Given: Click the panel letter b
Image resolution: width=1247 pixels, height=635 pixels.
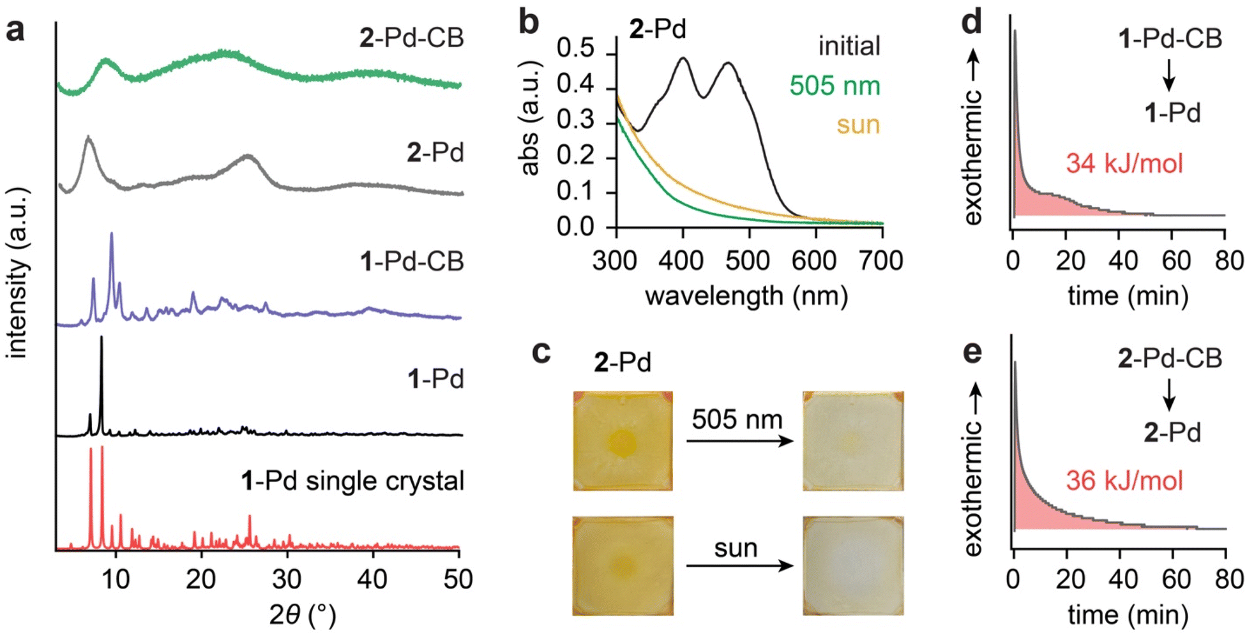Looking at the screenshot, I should (x=529, y=22).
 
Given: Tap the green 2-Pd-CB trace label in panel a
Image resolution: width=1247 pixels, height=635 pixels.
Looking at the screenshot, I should (x=411, y=38).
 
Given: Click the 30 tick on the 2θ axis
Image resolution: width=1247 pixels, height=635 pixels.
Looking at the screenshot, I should (x=287, y=579).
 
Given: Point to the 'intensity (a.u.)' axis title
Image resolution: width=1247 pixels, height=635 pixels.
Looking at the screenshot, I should (x=18, y=273).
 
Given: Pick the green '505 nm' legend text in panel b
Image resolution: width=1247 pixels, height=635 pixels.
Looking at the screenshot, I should (x=835, y=86).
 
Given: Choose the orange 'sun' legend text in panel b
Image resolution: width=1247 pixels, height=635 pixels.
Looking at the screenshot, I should (x=858, y=124).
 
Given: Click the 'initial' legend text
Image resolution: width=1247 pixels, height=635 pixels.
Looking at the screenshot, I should (x=849, y=47).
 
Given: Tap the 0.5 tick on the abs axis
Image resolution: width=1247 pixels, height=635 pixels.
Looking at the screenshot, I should (x=575, y=49).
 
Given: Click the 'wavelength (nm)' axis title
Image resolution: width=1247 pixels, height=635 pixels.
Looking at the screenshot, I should (x=746, y=296).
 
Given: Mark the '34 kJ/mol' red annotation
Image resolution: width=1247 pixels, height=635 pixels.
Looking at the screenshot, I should (x=1124, y=163).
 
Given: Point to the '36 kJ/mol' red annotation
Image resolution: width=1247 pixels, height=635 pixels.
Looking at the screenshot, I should (x=1124, y=481).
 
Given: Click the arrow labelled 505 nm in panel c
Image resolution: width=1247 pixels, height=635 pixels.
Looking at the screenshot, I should (x=739, y=441).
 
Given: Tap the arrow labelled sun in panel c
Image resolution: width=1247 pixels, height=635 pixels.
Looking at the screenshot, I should (x=739, y=565).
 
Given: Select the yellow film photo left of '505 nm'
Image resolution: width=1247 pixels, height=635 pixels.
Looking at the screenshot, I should (x=623, y=441).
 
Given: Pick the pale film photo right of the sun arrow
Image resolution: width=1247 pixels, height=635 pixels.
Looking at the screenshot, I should (x=853, y=565).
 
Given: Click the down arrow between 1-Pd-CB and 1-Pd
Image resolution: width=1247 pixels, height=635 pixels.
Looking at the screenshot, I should (x=1169, y=76).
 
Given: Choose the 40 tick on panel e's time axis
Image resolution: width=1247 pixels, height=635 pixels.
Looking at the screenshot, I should (x=1123, y=579).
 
